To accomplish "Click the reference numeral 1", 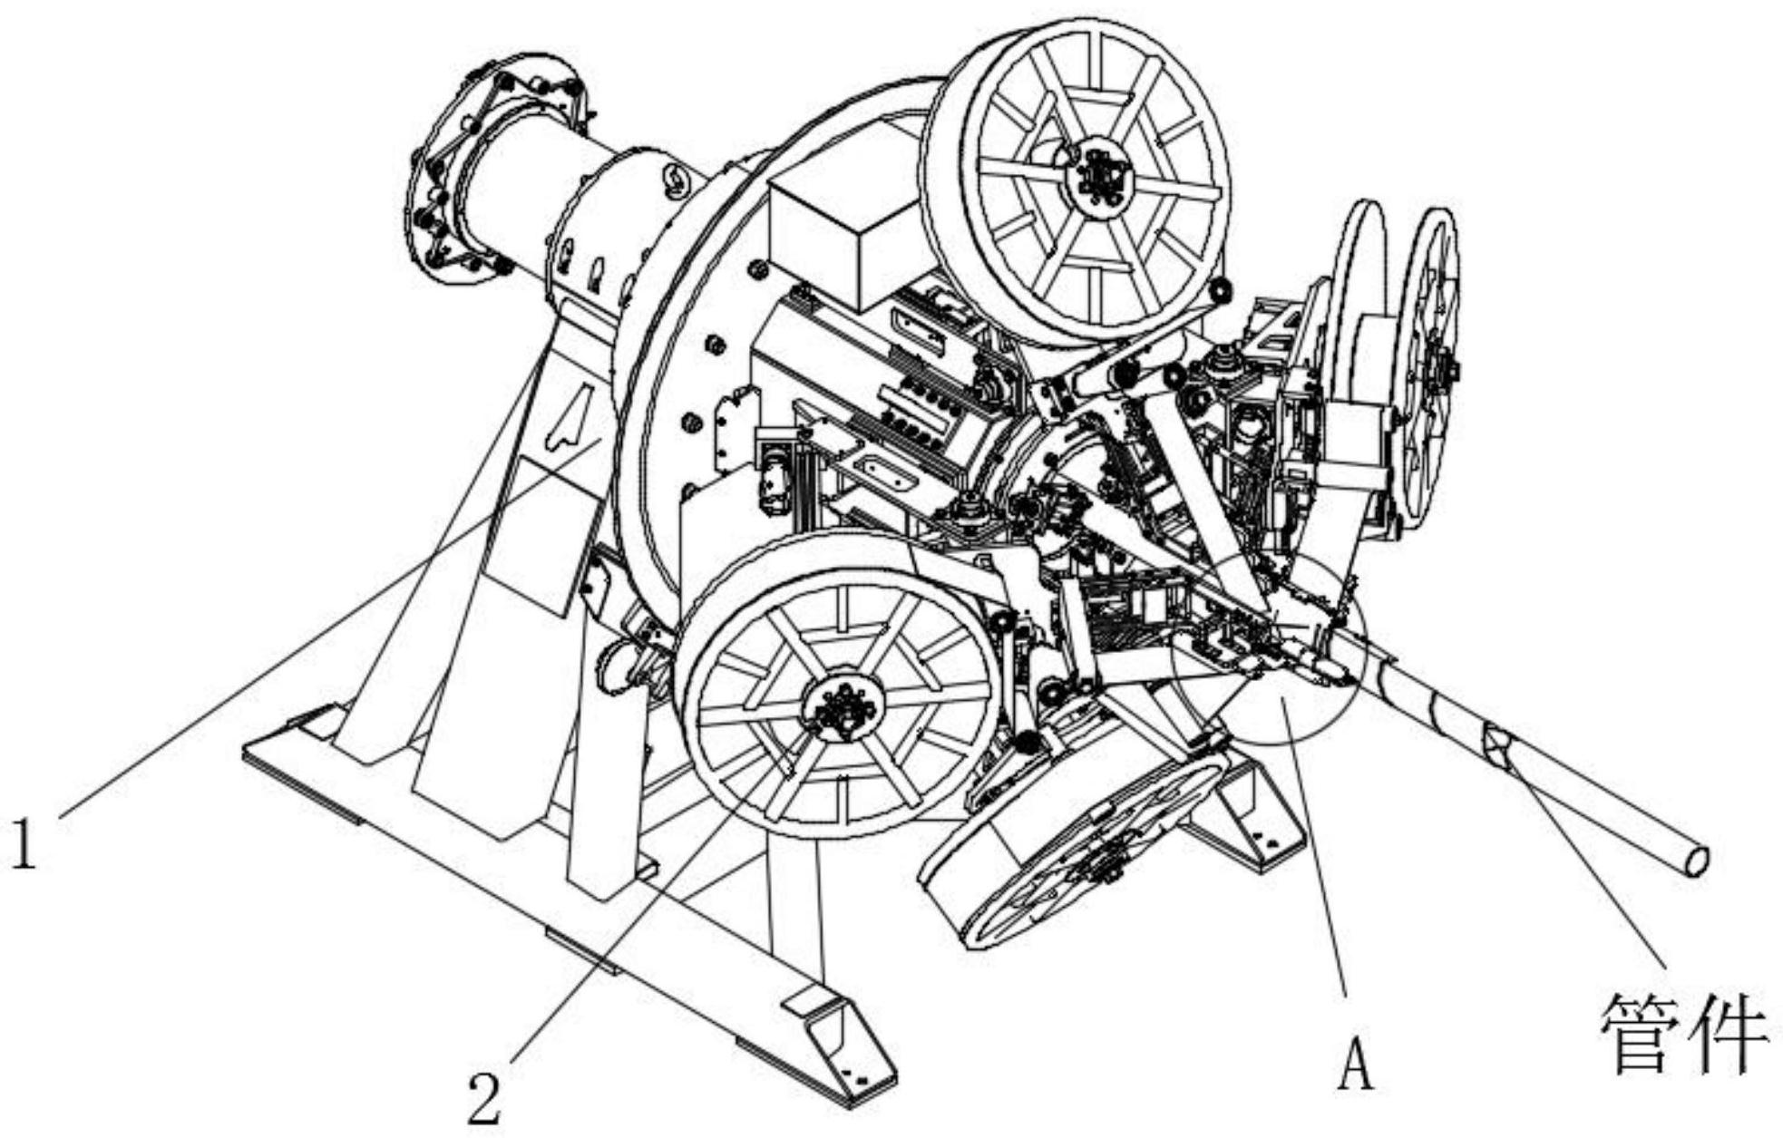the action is tap(24, 844).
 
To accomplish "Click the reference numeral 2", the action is tap(484, 1097).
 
